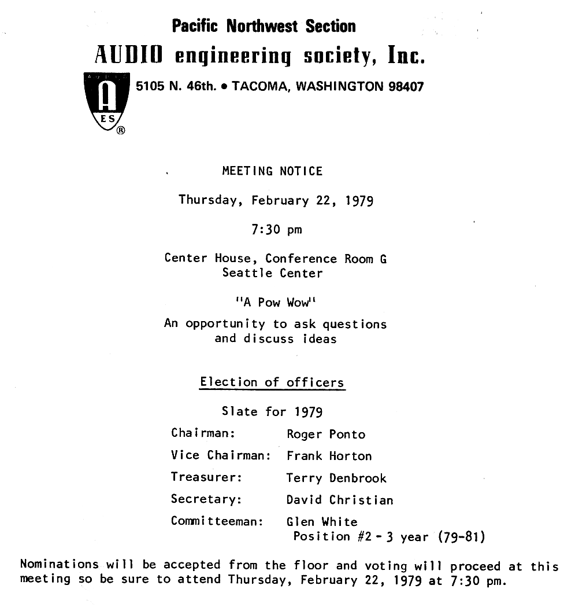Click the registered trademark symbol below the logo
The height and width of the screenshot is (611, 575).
coord(121,131)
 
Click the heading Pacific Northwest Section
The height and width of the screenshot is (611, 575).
coord(264,26)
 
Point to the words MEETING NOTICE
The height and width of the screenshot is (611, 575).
coord(272,171)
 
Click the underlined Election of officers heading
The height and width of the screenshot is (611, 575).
coord(272,382)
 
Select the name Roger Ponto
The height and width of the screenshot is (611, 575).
coord(326,435)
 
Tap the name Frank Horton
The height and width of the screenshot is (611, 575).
coord(329,456)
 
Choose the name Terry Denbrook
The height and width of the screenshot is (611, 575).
coord(336,479)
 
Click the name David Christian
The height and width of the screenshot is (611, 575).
coord(340,500)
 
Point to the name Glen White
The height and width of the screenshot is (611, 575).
coord(322,522)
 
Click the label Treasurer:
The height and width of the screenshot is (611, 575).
coord(206,477)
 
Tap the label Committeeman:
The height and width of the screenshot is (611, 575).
coord(217,521)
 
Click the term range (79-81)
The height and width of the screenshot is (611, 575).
coord(461,537)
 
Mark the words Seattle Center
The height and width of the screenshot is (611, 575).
coord(272,273)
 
